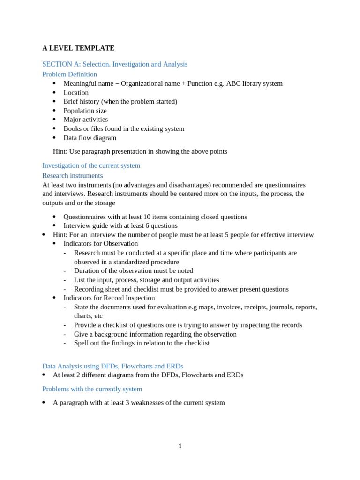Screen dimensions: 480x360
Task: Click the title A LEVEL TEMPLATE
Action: coord(78,48)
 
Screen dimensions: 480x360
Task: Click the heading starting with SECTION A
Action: coord(115,64)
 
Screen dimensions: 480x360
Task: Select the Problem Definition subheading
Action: coord(69,74)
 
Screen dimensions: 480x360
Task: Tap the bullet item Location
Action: coord(76,93)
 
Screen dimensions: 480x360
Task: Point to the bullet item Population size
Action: coord(85,111)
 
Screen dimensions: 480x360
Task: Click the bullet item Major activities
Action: coord(85,120)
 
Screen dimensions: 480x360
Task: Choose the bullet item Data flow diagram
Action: coord(90,138)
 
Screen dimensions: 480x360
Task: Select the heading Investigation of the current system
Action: coord(91,165)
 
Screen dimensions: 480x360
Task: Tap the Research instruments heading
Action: coord(72,176)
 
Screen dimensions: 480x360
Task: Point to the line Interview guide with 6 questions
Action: coord(120,226)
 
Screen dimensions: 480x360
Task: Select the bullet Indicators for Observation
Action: coord(100,244)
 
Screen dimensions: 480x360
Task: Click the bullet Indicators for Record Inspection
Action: coord(109,298)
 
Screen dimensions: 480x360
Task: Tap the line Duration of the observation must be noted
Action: coord(133,271)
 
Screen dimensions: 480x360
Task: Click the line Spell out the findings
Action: coord(142,343)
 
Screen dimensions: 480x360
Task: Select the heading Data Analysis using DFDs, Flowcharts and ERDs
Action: coord(112,366)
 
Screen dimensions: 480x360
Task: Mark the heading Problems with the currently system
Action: coord(92,389)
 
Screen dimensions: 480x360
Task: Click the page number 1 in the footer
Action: coord(180,446)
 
